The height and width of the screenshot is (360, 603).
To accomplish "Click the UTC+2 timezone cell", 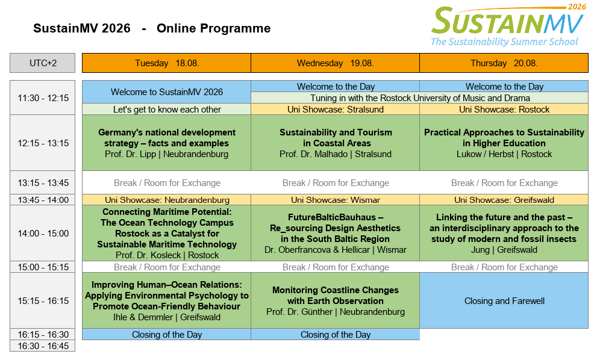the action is click(42, 63).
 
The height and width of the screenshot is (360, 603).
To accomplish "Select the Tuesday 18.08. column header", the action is click(166, 63).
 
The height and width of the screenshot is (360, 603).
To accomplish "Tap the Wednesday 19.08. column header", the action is click(335, 63).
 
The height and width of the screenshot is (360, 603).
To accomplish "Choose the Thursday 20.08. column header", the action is click(504, 63).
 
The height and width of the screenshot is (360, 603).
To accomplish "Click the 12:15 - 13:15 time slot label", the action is click(42, 143).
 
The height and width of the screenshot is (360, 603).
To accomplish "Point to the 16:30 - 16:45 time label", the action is click(42, 346).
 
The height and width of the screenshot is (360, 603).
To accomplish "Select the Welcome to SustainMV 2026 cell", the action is click(166, 92).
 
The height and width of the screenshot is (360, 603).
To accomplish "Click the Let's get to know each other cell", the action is click(166, 110).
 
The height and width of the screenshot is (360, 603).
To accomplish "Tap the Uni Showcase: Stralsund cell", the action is click(335, 110).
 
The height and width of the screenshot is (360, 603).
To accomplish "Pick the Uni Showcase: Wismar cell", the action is click(335, 200).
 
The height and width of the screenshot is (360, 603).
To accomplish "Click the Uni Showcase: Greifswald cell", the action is click(504, 200).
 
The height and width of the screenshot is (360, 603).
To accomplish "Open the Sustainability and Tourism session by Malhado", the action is click(335, 143).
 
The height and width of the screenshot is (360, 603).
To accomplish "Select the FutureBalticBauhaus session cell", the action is click(335, 233).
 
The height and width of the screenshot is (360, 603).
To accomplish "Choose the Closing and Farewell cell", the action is click(504, 300).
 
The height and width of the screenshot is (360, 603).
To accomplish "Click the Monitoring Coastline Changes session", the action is click(335, 300).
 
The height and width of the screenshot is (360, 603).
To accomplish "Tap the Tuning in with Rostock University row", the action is click(419, 98).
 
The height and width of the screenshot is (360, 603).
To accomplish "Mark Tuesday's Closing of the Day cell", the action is click(166, 334).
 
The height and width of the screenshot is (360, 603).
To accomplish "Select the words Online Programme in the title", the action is click(213, 28).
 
